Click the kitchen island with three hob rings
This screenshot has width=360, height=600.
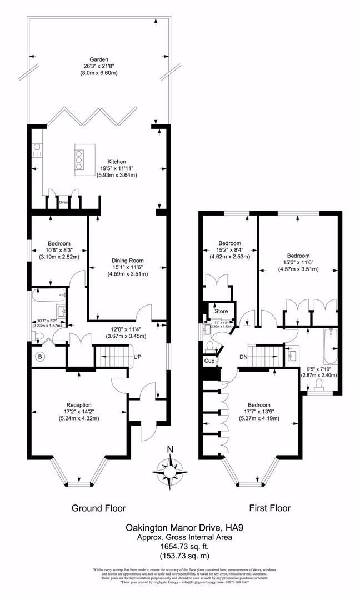click(x=79, y=159)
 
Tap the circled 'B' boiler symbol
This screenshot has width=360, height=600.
click(x=40, y=356)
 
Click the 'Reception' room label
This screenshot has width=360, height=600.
click(x=78, y=404)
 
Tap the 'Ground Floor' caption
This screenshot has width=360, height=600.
click(x=99, y=508)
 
